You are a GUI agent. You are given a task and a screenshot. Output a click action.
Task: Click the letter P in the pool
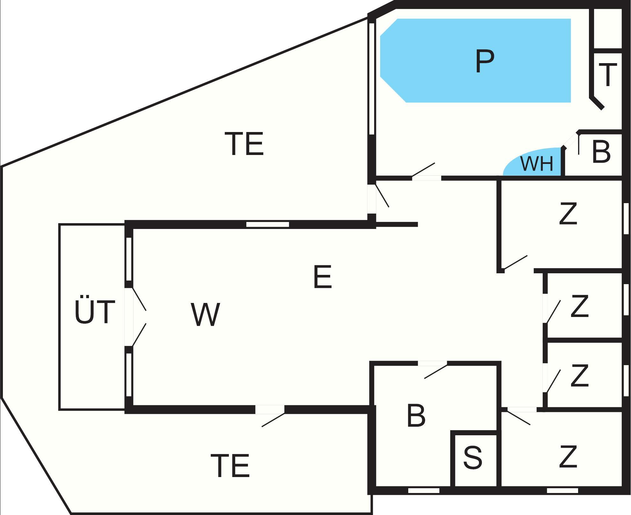click(x=484, y=62)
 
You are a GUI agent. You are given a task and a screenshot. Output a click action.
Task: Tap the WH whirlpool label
click(x=537, y=163)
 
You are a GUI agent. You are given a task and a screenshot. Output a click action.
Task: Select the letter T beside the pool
click(x=608, y=75)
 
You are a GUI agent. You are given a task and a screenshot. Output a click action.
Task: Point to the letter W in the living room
click(x=206, y=314)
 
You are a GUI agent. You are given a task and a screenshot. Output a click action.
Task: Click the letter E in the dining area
click(x=323, y=277)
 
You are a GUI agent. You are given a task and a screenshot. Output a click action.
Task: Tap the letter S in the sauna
click(x=473, y=458)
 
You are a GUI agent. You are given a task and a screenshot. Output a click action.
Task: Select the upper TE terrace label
click(x=244, y=144)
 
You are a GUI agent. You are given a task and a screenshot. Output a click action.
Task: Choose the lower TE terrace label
click(x=230, y=466)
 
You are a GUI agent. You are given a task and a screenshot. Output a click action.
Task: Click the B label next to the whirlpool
click(x=601, y=152)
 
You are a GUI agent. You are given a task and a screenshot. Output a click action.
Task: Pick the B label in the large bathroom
click(x=416, y=416)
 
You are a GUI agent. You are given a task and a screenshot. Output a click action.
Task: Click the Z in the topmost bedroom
click(x=568, y=214)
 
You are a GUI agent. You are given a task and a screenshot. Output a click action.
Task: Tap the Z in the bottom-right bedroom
click(x=568, y=457)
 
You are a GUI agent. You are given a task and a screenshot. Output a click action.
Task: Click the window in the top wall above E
click(x=267, y=224)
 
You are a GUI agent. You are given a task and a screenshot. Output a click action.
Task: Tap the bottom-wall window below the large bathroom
click(x=424, y=490)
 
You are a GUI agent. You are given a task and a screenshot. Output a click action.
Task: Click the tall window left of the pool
click(x=372, y=78)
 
